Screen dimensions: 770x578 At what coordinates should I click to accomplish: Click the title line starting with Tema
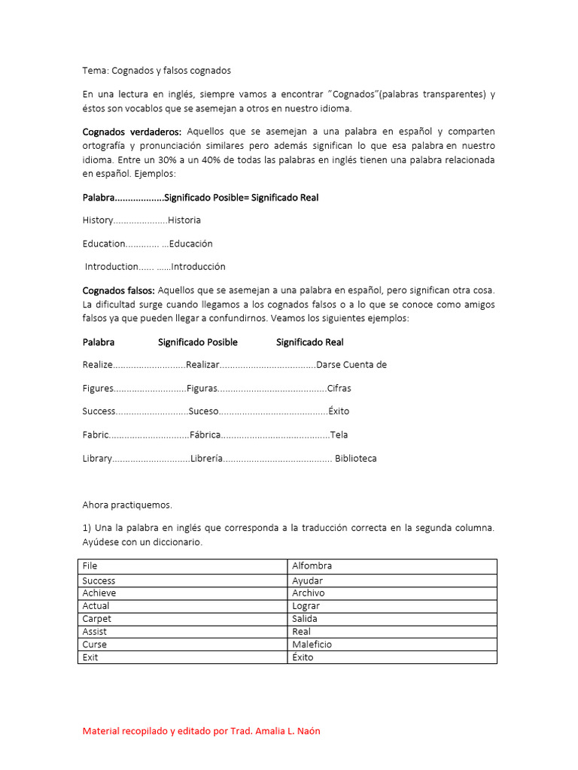pyautogui.click(x=157, y=70)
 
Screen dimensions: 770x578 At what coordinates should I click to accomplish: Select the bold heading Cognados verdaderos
pyautogui.click(x=132, y=132)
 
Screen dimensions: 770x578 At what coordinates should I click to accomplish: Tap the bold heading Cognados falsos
pyautogui.click(x=118, y=290)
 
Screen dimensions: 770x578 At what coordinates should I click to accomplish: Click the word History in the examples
pyautogui.click(x=97, y=220)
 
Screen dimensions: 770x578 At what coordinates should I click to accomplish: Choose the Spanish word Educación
pyautogui.click(x=191, y=244)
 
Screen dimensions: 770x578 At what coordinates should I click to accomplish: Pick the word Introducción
pyautogui.click(x=198, y=266)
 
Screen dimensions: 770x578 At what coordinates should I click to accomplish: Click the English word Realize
pyautogui.click(x=97, y=365)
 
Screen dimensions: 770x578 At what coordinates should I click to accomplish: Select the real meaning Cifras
pyautogui.click(x=339, y=388)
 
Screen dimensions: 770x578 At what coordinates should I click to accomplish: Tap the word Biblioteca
pyautogui.click(x=356, y=458)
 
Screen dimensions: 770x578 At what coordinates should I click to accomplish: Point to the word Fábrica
pyautogui.click(x=205, y=435)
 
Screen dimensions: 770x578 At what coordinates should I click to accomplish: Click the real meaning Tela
pyautogui.click(x=339, y=435)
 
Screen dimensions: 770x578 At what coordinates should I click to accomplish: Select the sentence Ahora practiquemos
pyautogui.click(x=127, y=505)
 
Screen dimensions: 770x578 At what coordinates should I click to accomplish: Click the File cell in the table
pyautogui.click(x=90, y=565)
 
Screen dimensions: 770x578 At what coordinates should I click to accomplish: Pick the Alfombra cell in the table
pyautogui.click(x=312, y=565)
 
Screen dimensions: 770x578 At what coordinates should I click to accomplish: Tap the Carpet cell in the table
pyautogui.click(x=96, y=619)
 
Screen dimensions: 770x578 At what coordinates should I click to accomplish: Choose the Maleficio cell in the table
pyautogui.click(x=312, y=644)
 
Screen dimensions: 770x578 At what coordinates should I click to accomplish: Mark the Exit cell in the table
pyautogui.click(x=90, y=657)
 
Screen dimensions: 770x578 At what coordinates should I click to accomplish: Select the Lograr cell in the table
pyautogui.click(x=306, y=606)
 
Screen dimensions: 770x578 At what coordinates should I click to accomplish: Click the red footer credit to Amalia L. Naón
pyautogui.click(x=201, y=731)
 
